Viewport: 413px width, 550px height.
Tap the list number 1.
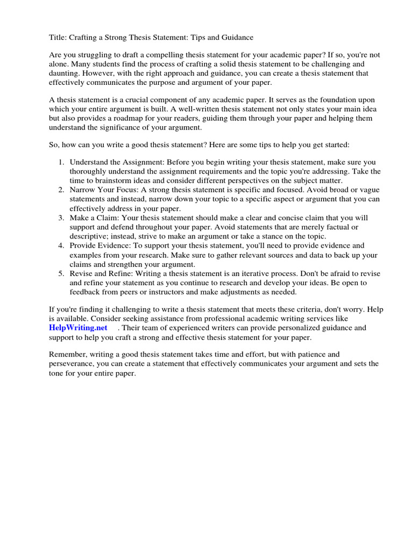tap(60, 162)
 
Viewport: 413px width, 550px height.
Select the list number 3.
tap(60, 218)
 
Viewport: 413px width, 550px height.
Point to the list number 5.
tap(60, 273)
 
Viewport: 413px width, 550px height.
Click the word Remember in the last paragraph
tap(68, 354)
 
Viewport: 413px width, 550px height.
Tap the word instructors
tap(172, 292)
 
